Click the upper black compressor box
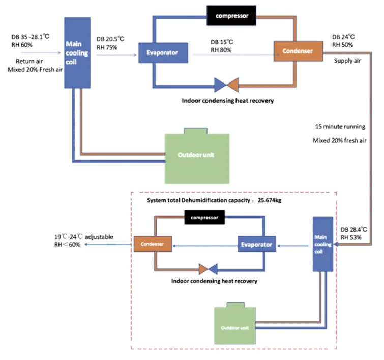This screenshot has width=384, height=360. click(232, 16)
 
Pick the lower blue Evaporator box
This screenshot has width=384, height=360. click(256, 245)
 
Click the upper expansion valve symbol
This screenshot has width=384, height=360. click(227, 85)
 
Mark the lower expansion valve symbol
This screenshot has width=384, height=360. click(208, 268)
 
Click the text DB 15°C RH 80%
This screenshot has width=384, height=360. click(222, 46)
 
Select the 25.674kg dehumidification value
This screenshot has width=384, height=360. click(270, 200)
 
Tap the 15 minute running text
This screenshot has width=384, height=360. click(340, 126)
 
